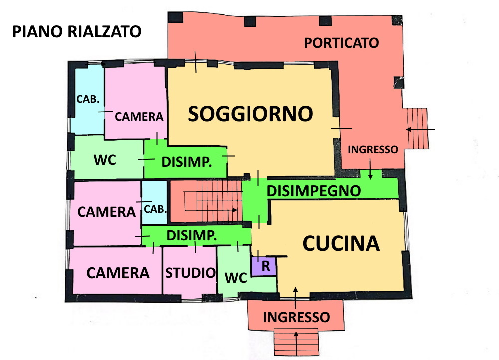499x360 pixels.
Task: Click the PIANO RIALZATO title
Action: (x=77, y=32)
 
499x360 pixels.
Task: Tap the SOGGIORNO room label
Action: (x=250, y=114)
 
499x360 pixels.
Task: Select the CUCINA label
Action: (x=341, y=244)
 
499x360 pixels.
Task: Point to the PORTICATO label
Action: (x=341, y=43)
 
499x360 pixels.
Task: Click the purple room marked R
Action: (x=264, y=266)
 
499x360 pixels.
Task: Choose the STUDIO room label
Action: (x=190, y=273)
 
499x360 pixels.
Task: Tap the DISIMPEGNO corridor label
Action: (x=314, y=191)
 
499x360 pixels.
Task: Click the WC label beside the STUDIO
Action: (x=236, y=278)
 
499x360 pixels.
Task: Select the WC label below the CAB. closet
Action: (x=105, y=160)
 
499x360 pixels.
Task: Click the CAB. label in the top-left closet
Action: (x=88, y=99)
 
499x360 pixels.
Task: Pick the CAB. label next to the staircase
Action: (x=155, y=209)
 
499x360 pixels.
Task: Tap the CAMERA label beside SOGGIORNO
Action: (x=139, y=117)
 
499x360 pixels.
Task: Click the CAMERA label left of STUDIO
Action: (x=118, y=273)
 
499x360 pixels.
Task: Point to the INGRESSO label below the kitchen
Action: (x=296, y=317)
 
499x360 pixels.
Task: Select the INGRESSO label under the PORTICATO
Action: (x=373, y=150)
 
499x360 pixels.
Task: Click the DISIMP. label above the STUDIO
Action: (x=192, y=236)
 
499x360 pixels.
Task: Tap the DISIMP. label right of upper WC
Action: (x=187, y=162)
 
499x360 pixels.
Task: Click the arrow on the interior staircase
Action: (x=211, y=210)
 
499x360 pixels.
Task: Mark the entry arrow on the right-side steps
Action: (x=420, y=129)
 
